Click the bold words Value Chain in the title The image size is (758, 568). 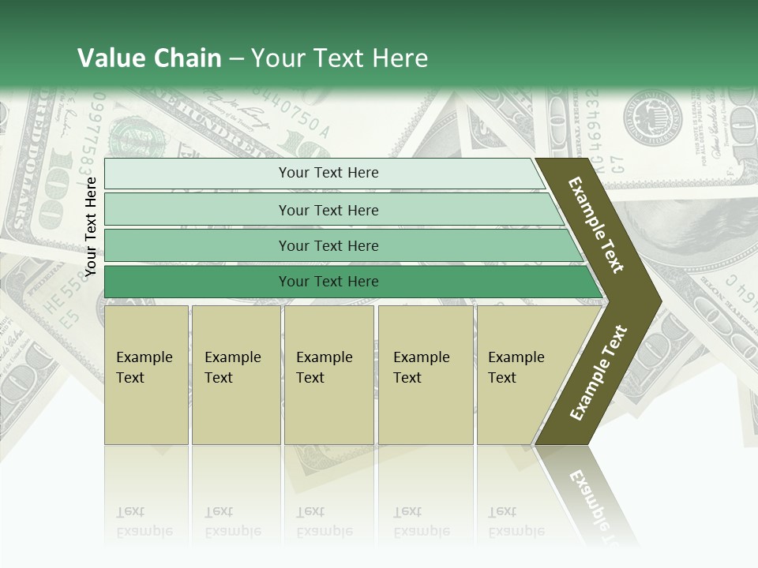coord(149,58)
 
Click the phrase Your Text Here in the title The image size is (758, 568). coord(340,58)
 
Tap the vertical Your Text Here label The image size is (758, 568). coord(91,226)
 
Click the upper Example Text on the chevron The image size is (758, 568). coord(596,225)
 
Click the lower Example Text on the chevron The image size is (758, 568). coord(599,373)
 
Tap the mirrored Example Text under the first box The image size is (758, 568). coord(144,521)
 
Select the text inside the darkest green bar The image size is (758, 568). coord(328,282)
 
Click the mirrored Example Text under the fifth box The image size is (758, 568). coord(516,521)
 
